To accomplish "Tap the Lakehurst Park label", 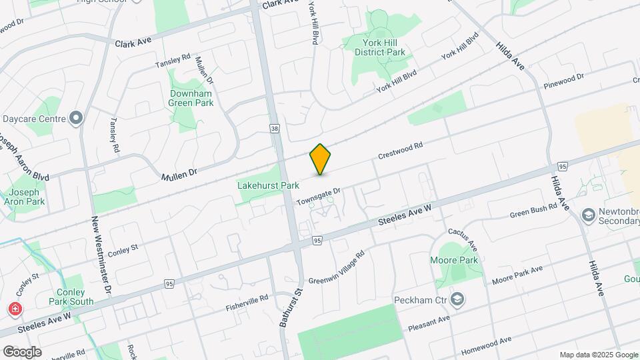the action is pos(268,185).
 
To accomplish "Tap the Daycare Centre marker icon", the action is pos(76,119).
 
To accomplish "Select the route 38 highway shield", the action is pos(275,128).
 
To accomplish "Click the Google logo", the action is pos(22,351).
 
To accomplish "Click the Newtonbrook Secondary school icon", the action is pos(588,215).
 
